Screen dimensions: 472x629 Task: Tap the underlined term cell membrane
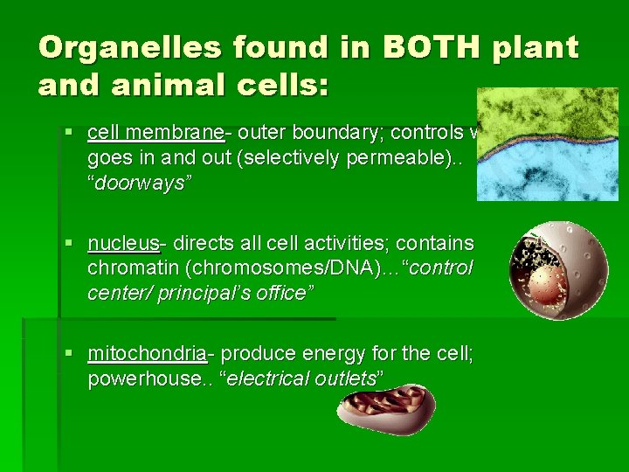pos(156,133)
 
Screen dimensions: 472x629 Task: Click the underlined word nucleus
pos(123,243)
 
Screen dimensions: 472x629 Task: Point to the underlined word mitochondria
pos(146,353)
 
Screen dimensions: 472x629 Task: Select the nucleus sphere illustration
pos(559,270)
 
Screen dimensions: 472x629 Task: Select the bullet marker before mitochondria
pos(70,354)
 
